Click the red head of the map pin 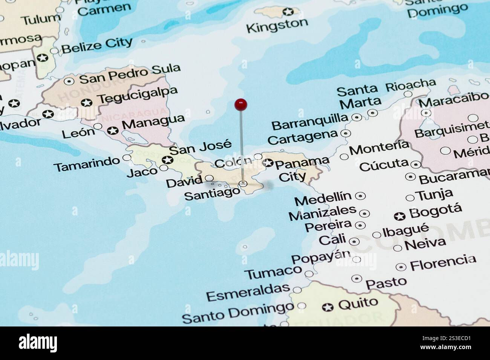pos(240,104)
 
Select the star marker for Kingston pos(288,12)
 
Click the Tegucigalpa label pos(137,96)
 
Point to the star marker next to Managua pos(112,131)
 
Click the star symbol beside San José pos(165,160)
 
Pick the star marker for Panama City pos(268,163)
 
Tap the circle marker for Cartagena pos(345,133)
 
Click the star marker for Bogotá pos(400,216)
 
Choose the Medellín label pos(323,198)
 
